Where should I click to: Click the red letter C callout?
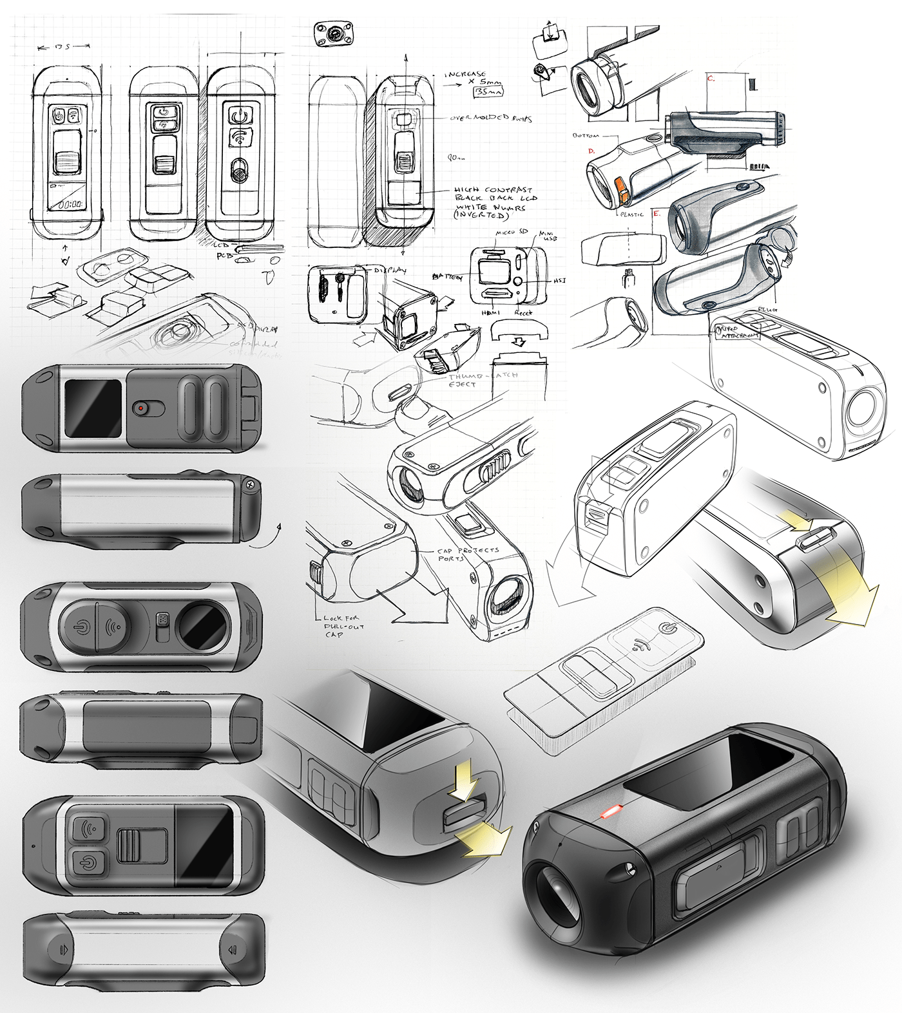click(711, 79)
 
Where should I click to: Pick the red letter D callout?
click(591, 152)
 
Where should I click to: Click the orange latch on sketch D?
click(623, 191)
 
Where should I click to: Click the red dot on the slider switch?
click(140, 408)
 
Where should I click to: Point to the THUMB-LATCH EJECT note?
click(475, 379)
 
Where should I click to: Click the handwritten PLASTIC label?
click(631, 214)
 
